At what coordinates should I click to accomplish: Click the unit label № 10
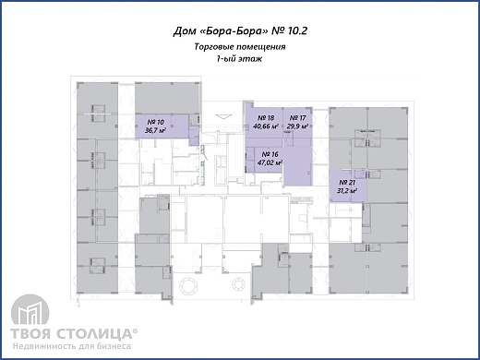(156, 123)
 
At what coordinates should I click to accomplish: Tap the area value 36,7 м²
(156, 130)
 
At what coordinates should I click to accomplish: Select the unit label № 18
(266, 118)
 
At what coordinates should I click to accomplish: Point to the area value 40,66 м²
(266, 126)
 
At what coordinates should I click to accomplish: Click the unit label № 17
(298, 118)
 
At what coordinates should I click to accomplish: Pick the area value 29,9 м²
(298, 126)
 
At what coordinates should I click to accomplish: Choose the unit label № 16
(270, 154)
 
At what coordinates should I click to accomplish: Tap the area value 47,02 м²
(270, 162)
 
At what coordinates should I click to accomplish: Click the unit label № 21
(347, 183)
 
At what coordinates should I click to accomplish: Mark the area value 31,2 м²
(347, 190)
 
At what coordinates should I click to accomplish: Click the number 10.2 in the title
(296, 30)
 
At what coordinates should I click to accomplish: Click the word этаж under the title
(250, 59)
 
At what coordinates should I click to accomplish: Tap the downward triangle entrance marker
(223, 116)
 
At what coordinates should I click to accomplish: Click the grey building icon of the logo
(30, 310)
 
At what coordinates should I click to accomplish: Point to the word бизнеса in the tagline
(114, 346)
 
